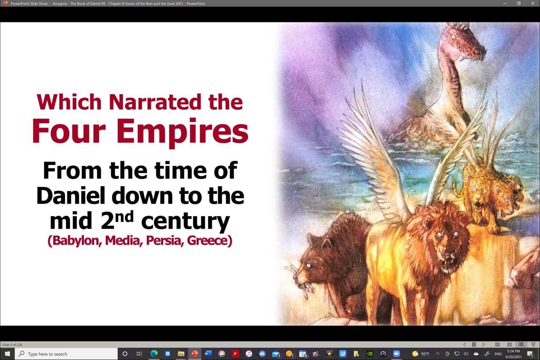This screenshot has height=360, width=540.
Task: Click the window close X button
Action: click(x=532, y=3)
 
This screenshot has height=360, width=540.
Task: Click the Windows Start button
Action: click(x=7, y=354)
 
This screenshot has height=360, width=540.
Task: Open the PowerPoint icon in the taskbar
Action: click(x=194, y=354)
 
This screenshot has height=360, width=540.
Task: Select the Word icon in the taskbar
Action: click(x=208, y=354)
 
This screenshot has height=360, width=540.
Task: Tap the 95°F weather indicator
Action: click(x=421, y=354)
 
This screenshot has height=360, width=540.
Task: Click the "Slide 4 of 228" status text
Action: click(x=12, y=345)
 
